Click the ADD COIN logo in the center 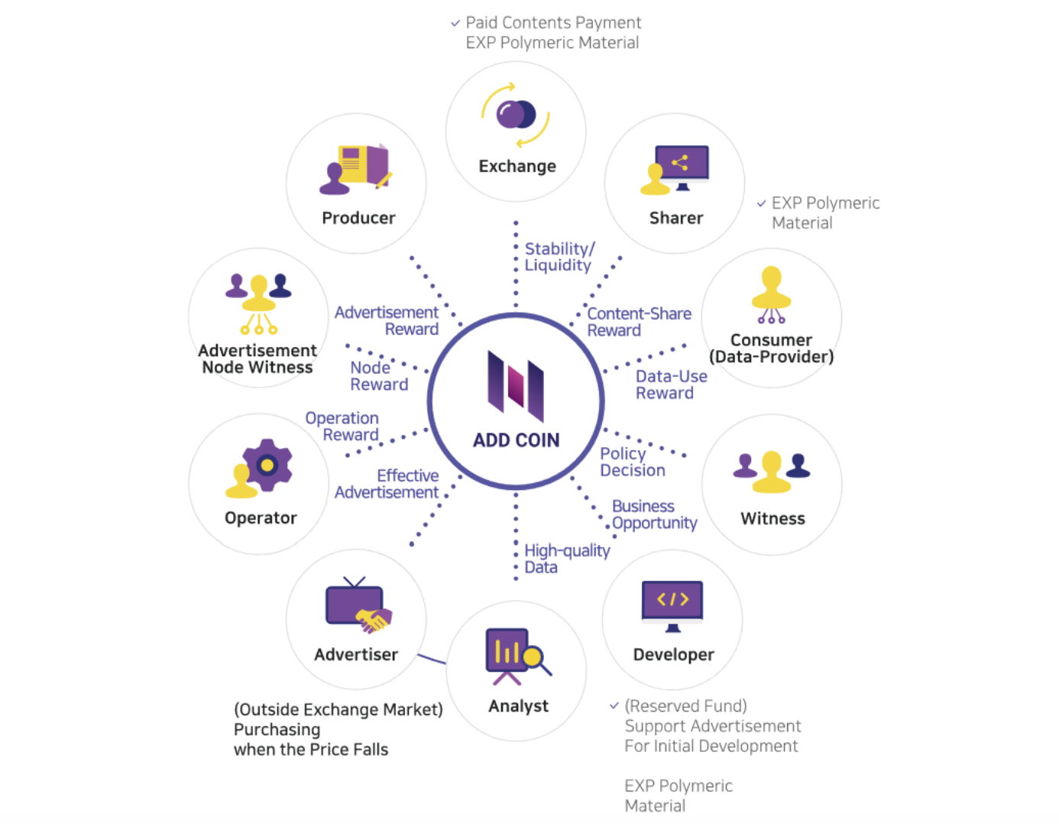click(516, 385)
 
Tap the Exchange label click(517, 166)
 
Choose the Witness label click(772, 518)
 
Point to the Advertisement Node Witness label click(257, 358)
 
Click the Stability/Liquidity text click(559, 257)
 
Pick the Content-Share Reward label click(639, 322)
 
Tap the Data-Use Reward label click(671, 384)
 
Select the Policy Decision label click(632, 462)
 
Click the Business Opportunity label click(653, 514)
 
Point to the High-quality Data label click(566, 559)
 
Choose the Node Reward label click(378, 376)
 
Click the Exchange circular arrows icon click(516, 115)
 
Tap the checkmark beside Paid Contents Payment click(455, 23)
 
